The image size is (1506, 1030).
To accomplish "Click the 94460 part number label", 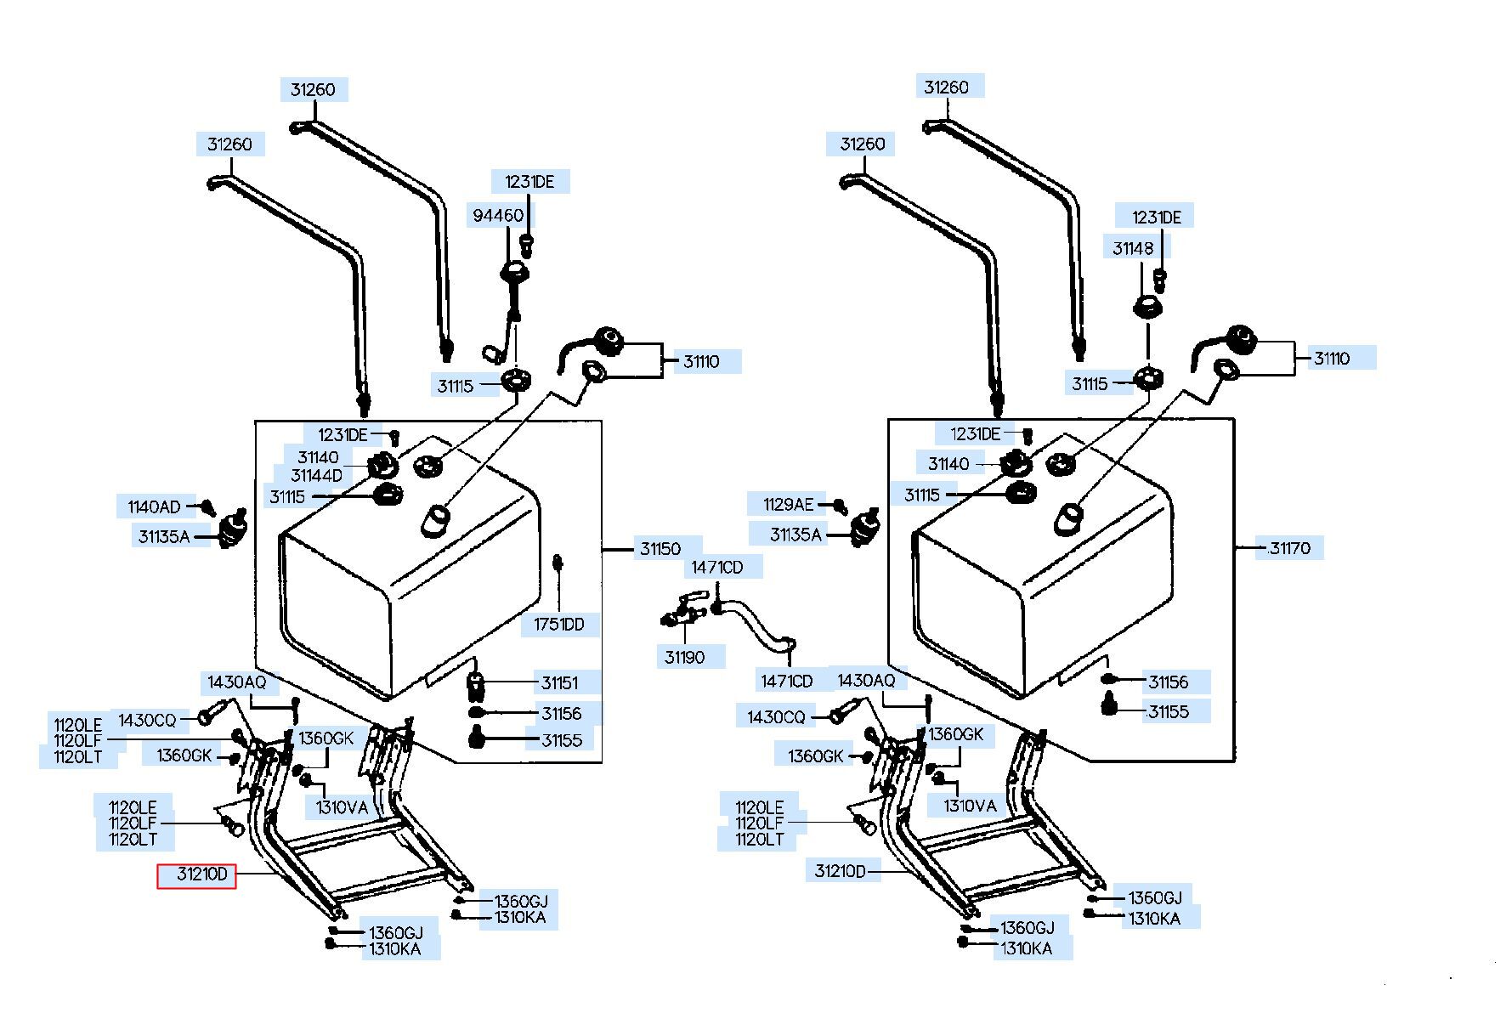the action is point(498,216).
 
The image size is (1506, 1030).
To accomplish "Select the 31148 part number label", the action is point(1133,248).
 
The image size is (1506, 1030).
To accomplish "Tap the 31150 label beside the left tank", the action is point(660,548).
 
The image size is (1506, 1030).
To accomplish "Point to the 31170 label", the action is point(1289,548).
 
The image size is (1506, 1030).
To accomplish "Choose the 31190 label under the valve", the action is point(684,657).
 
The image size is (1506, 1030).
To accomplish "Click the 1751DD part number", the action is point(559,625).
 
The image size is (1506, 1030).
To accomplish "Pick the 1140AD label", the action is point(154,507).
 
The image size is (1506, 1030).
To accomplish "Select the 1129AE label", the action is point(788,505).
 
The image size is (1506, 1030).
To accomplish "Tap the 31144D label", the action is point(316,476).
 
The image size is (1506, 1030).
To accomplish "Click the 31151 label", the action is point(559,682).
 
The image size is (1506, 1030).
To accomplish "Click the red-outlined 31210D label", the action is point(196,875).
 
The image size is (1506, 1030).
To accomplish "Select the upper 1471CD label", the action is point(716,567).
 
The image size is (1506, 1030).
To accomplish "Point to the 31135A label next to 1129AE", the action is point(795,535).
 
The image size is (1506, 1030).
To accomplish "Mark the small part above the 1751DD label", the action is point(558,563).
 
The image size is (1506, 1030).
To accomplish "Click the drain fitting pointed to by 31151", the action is point(477,682).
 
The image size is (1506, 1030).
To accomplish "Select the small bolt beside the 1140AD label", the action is point(208,508).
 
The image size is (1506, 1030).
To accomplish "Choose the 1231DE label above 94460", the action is point(529,182).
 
